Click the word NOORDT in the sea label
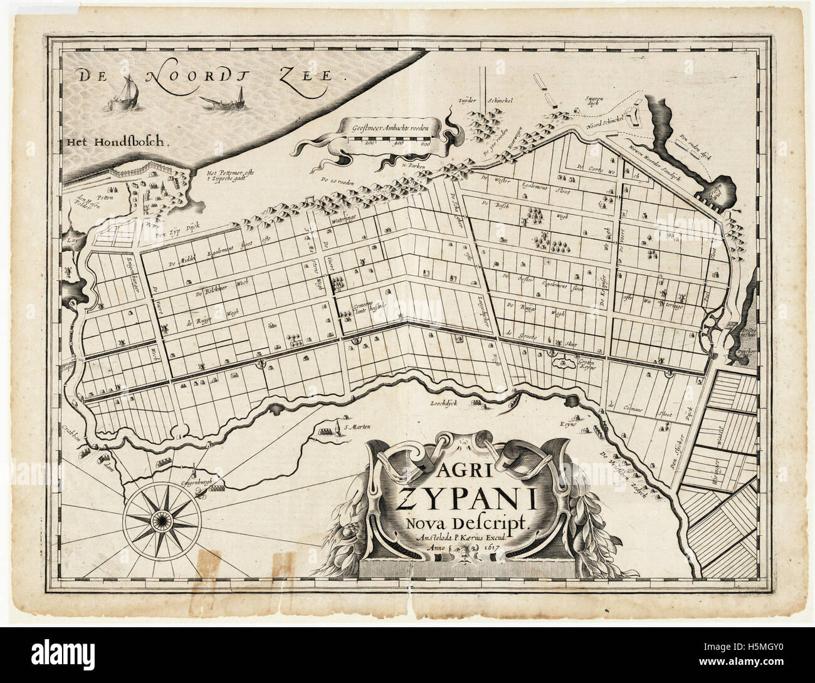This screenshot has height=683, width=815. pos(182,78)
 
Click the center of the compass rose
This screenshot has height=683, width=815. pos(162,518)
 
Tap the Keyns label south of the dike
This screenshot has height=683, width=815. pos(568,424)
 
